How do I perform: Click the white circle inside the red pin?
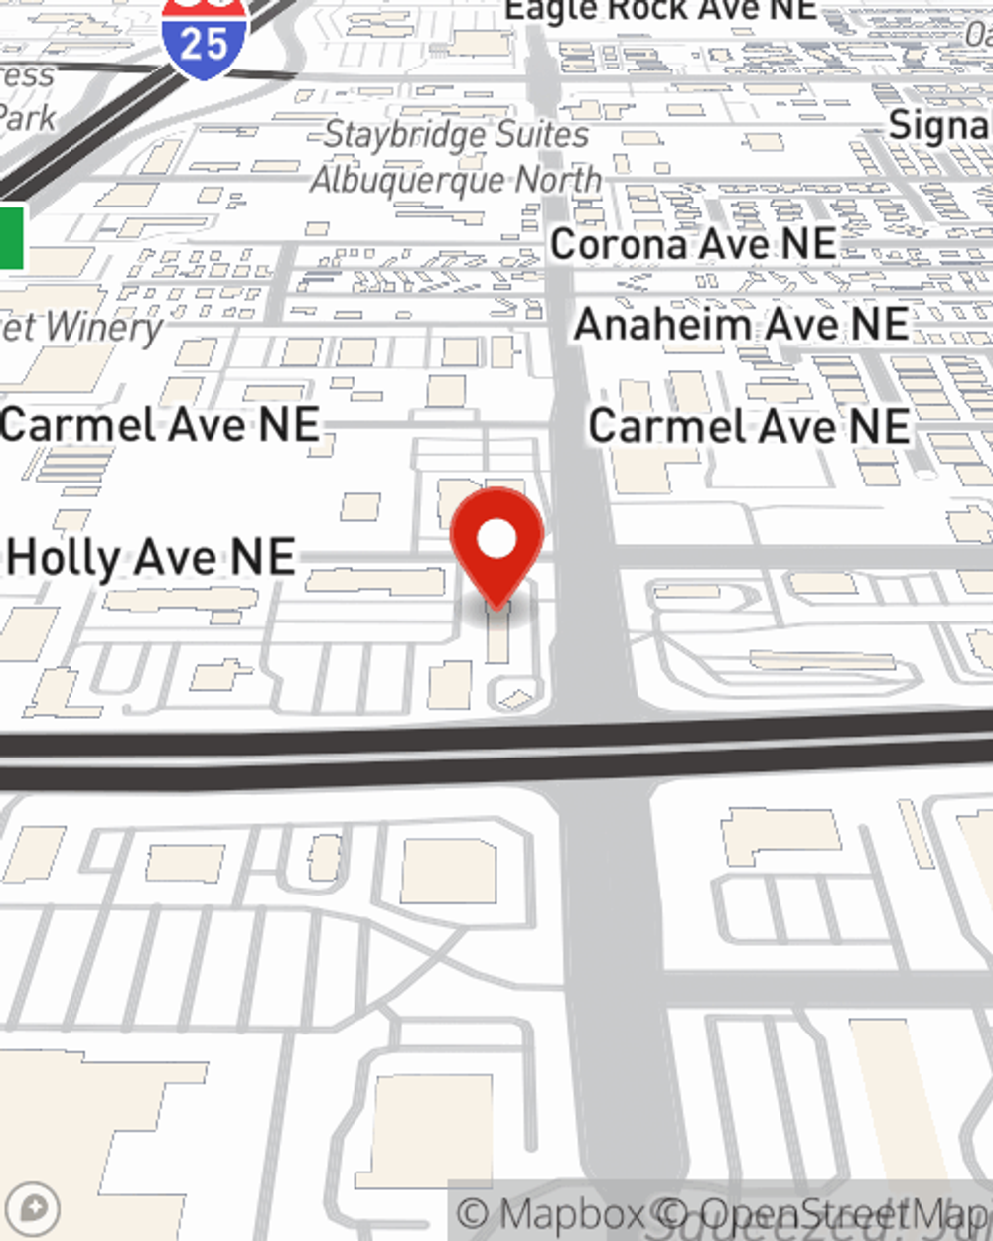[x=497, y=540]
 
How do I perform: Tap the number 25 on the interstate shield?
[x=205, y=45]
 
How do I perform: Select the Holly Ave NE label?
[x=151, y=557]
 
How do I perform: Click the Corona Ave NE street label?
[x=693, y=244]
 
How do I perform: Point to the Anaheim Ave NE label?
[x=741, y=325]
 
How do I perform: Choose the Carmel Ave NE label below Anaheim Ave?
[x=749, y=427]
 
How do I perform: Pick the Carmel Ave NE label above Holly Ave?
[x=160, y=425]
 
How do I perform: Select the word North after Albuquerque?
[x=558, y=180]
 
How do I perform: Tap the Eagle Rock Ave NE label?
[x=660, y=11]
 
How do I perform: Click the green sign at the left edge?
[x=11, y=237]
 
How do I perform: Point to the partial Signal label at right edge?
[x=939, y=126]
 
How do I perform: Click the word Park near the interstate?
[x=27, y=118]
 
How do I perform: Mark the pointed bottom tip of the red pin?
[x=496, y=607]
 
